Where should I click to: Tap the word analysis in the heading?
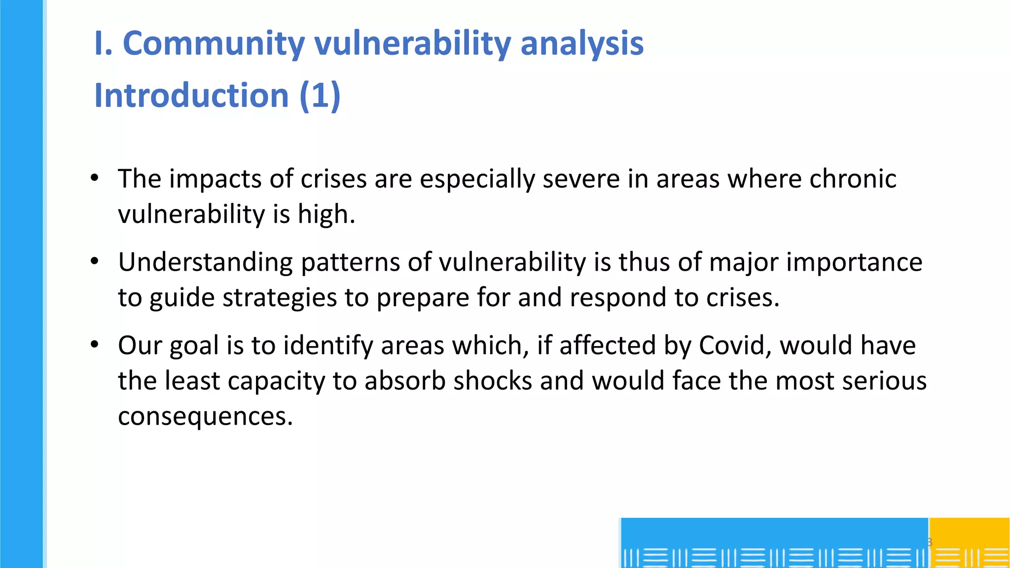point(582,43)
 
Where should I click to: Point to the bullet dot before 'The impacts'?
point(95,178)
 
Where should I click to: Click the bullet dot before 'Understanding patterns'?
point(95,261)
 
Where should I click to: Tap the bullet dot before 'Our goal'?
point(95,345)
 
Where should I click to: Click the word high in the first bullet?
point(325,214)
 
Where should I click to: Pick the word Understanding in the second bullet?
point(205,262)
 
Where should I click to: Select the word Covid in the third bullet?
point(735,345)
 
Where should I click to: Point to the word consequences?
point(205,417)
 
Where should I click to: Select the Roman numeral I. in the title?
point(103,43)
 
